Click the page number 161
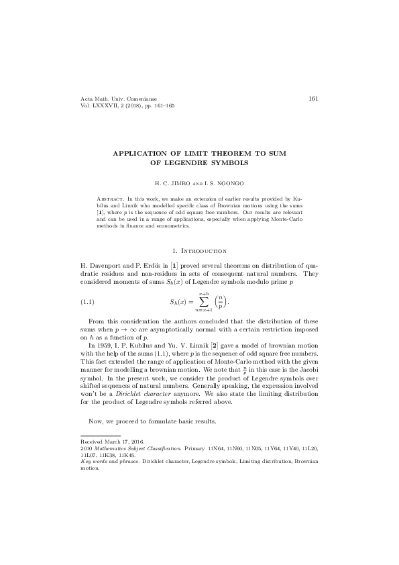pyautogui.click(x=312, y=98)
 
